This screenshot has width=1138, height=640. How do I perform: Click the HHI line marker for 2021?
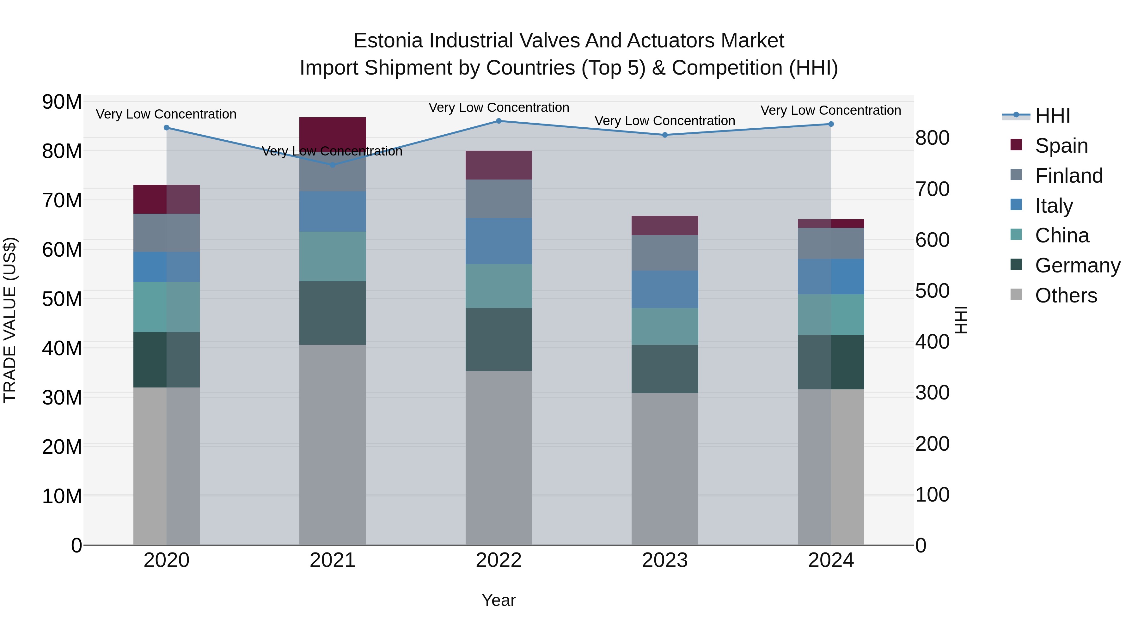click(x=333, y=165)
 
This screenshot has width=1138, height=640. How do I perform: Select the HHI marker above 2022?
click(x=499, y=121)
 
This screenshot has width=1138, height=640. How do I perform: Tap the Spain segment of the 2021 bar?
click(x=333, y=132)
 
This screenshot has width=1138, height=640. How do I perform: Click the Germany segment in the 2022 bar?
click(x=499, y=339)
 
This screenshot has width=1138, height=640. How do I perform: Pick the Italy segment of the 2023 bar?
click(x=665, y=289)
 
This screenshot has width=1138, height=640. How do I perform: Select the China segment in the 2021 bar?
click(x=333, y=256)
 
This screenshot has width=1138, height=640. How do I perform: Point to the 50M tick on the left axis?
click(x=62, y=299)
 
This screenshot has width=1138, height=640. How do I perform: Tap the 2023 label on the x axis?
click(x=665, y=560)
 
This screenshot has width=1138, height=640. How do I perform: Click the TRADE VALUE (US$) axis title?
click(x=10, y=320)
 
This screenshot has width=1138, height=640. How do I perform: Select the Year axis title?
click(x=499, y=600)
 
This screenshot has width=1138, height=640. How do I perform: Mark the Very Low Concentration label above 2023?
click(x=665, y=121)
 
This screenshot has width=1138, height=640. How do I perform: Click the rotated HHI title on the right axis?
click(x=961, y=320)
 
